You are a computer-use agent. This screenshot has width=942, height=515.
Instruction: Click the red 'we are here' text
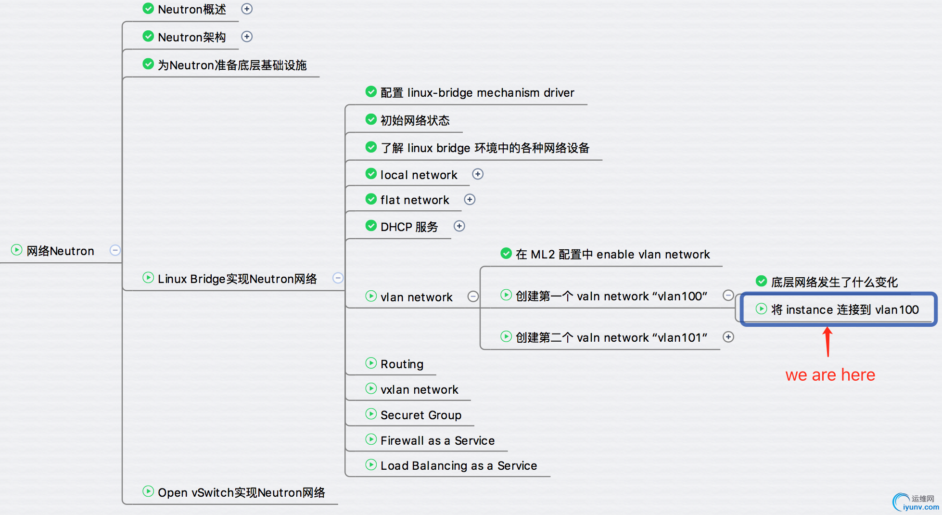tap(830, 375)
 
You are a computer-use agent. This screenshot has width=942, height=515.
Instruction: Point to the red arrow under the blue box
tap(827, 342)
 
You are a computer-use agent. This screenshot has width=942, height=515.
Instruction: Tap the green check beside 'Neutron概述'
tap(148, 9)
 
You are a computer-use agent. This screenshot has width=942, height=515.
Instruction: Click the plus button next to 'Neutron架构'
tap(247, 37)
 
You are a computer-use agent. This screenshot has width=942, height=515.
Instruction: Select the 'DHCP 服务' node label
tap(409, 227)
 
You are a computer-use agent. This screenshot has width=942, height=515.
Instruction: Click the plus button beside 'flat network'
tap(470, 199)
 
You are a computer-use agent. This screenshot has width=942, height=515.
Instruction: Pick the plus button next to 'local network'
tap(478, 174)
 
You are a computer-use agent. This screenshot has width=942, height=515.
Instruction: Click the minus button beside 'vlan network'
tap(473, 296)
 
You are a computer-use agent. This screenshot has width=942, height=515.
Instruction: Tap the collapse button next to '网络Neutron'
tap(115, 250)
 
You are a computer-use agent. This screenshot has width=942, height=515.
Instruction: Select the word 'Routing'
tap(402, 364)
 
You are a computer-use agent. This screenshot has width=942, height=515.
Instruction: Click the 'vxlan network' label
tap(419, 389)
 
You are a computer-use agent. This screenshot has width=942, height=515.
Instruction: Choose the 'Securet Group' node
tap(420, 415)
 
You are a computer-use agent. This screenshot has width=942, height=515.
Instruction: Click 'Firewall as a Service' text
tap(437, 440)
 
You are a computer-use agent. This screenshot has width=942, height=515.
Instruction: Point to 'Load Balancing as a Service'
tap(458, 465)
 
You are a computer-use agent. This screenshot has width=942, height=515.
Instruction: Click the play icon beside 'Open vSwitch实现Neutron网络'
tap(148, 492)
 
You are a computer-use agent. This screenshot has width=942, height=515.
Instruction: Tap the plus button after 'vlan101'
tap(728, 337)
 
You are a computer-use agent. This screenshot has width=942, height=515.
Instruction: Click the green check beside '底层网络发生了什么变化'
tap(761, 281)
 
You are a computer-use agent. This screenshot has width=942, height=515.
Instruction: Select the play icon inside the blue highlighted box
tap(761, 309)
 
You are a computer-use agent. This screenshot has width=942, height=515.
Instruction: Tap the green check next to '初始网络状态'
tap(371, 119)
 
